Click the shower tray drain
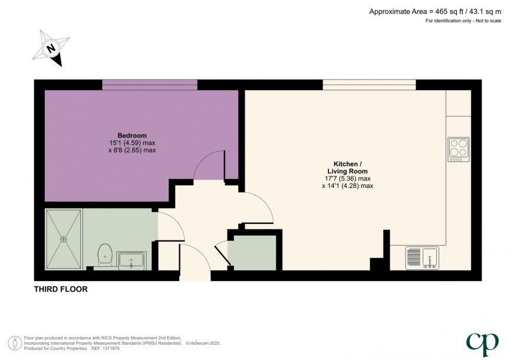(63, 239)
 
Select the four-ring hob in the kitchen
(459, 149)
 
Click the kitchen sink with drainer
(422, 257)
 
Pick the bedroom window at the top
(150, 85)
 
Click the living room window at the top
(369, 85)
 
